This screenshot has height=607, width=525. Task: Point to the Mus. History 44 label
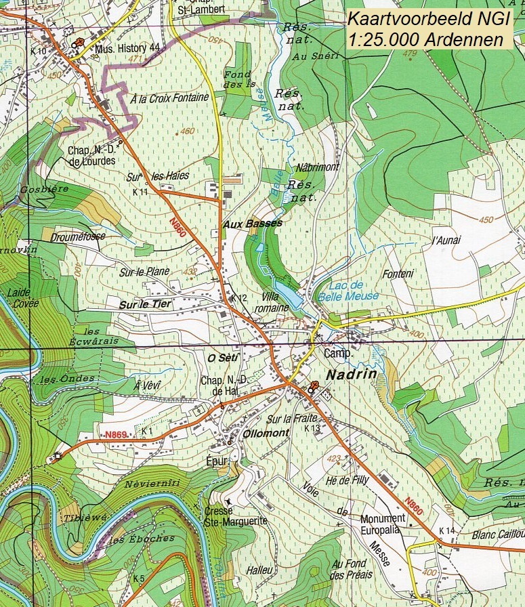click(127, 48)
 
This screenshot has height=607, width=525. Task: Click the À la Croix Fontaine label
click(169, 98)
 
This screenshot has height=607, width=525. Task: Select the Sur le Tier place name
click(145, 305)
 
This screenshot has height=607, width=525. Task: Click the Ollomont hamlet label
click(261, 433)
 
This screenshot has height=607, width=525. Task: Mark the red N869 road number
click(116, 434)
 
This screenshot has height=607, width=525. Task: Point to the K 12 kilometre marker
click(238, 298)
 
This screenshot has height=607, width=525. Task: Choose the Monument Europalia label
click(383, 524)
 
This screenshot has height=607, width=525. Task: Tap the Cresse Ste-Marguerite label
click(235, 515)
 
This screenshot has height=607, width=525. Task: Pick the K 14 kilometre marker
click(446, 530)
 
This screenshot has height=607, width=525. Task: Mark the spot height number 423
click(333, 459)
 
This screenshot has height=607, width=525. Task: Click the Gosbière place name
click(45, 188)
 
